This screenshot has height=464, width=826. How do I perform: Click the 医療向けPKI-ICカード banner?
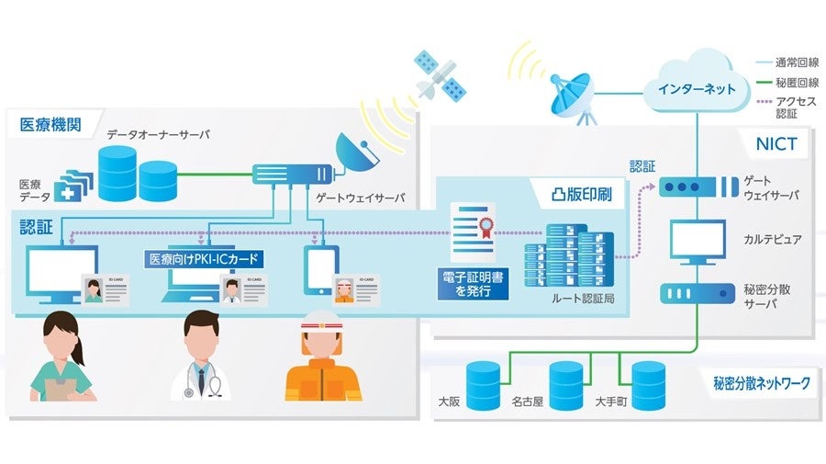(206, 260)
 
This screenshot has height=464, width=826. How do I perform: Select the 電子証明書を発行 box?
(472, 284)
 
